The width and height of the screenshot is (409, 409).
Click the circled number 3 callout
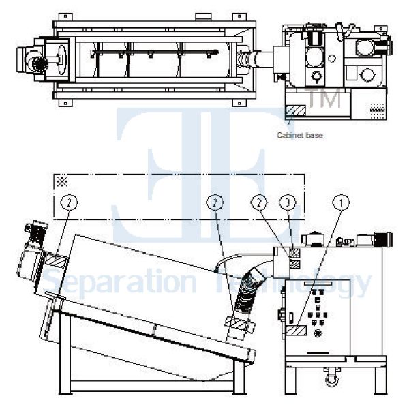[x=288, y=202]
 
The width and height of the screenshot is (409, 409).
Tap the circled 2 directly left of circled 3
[x=259, y=202]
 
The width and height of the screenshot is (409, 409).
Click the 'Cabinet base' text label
[x=299, y=135]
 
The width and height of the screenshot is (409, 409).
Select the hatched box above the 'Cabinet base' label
[x=296, y=110]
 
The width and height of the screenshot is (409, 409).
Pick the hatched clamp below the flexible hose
[x=238, y=323]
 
